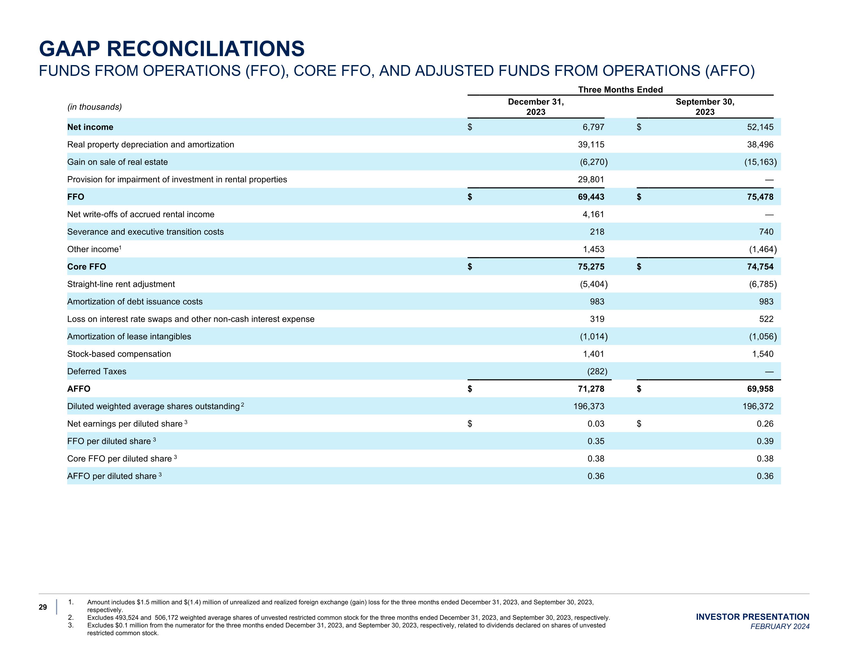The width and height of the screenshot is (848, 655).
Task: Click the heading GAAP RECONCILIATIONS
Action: click(x=172, y=49)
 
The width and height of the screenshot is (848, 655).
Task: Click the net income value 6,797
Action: click(x=593, y=127)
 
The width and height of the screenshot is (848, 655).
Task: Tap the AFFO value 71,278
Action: click(x=591, y=389)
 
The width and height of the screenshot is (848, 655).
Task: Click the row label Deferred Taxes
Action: click(x=97, y=371)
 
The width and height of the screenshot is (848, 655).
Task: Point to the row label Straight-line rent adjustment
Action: click(x=121, y=284)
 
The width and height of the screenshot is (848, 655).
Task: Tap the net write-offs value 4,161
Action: click(x=593, y=214)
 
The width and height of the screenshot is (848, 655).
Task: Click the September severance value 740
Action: click(x=766, y=232)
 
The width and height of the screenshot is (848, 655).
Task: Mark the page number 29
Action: click(x=43, y=607)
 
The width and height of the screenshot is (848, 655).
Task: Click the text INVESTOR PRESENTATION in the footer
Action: click(x=752, y=617)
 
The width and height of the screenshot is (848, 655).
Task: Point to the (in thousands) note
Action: click(x=94, y=107)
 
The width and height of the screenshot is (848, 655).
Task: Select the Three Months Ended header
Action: click(x=620, y=90)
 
